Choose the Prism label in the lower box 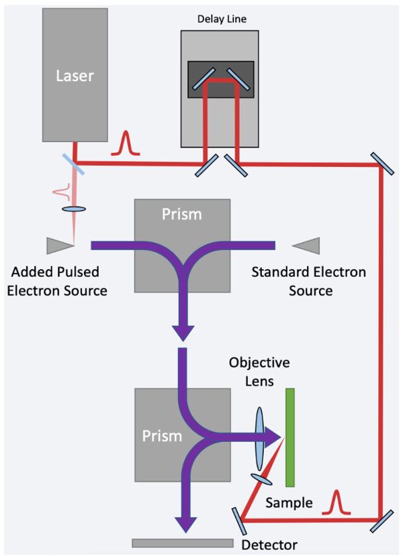pos(162,436)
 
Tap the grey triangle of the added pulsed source pos(56,246)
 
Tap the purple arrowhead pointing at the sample pos(271,437)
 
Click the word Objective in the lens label pos(259,364)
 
